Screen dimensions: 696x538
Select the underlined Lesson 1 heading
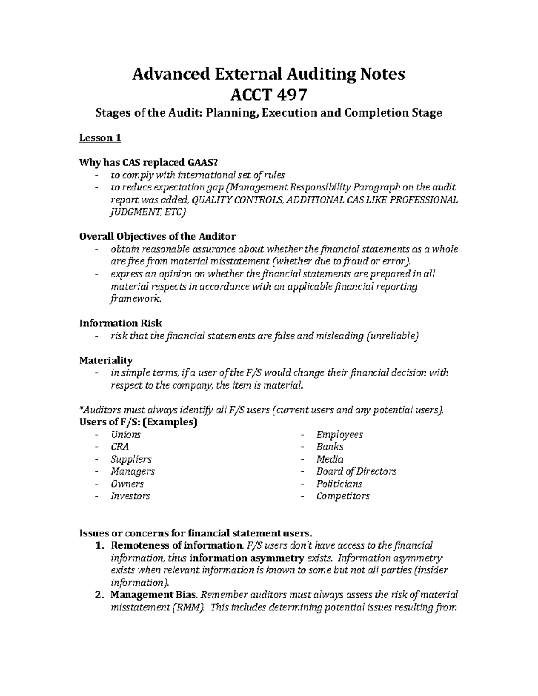(x=100, y=138)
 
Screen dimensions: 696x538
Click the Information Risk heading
(x=120, y=323)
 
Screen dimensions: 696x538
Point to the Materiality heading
(x=106, y=360)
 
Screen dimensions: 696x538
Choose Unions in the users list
(x=126, y=435)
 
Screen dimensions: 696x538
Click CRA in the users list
(x=120, y=447)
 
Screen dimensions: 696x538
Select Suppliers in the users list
(x=131, y=459)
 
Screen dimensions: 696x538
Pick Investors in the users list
(x=130, y=496)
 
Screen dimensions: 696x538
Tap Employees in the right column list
(x=339, y=435)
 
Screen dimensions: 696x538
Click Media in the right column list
(x=330, y=459)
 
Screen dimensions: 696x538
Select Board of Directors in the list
(x=356, y=471)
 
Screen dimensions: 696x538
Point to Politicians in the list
(x=339, y=484)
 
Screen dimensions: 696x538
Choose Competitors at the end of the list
(x=343, y=496)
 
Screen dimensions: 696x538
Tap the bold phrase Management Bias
(x=154, y=595)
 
